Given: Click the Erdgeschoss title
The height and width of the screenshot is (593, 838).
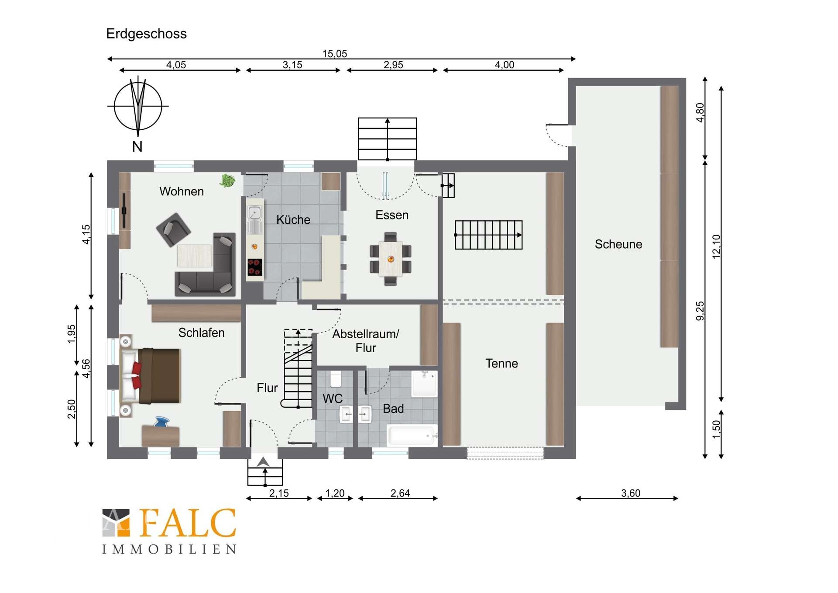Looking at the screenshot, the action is click(x=146, y=34).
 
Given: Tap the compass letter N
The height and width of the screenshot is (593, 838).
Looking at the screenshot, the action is click(x=137, y=146).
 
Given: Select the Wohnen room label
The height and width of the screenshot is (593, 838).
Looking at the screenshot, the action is click(x=182, y=191).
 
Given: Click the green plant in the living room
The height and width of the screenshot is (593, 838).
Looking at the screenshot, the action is click(x=227, y=180).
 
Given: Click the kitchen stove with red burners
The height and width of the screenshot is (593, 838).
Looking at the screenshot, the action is click(x=255, y=267).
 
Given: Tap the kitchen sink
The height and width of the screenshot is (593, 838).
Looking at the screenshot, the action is click(x=254, y=214).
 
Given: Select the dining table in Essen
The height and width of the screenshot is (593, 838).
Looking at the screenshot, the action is click(x=391, y=259).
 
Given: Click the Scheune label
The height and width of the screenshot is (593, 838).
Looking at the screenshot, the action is click(x=618, y=244).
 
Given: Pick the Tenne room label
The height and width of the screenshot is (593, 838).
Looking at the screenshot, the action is click(x=501, y=364).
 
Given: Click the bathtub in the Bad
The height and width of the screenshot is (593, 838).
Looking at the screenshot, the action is click(x=412, y=436).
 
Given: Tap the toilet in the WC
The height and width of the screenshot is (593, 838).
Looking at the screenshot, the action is click(x=336, y=379).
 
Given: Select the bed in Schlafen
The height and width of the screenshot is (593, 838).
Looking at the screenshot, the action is click(x=150, y=376).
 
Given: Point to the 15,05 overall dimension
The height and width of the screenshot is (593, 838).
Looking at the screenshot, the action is click(x=335, y=54).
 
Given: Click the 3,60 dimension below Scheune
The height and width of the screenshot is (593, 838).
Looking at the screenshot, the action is click(x=631, y=493).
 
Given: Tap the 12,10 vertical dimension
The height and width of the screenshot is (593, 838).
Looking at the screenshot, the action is click(x=716, y=247).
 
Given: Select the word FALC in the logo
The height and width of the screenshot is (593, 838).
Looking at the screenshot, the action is click(x=188, y=523).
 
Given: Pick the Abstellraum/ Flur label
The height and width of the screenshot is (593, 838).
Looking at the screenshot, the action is click(x=366, y=341).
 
